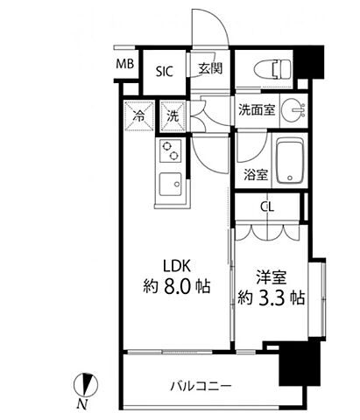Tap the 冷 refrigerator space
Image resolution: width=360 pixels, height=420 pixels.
tap(138, 114)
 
